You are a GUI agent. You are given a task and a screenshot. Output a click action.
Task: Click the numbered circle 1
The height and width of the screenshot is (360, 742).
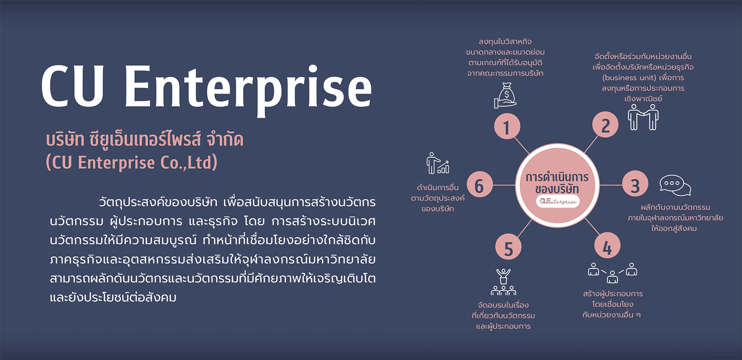[507, 126]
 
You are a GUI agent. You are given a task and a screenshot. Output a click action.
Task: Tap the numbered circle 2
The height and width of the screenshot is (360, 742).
[605, 125]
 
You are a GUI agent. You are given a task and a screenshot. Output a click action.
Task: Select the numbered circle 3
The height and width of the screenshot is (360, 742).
[635, 185]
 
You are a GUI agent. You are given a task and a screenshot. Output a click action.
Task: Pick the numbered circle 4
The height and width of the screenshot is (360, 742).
[607, 246]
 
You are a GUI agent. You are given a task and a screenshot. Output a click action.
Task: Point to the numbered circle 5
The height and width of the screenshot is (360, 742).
[509, 247]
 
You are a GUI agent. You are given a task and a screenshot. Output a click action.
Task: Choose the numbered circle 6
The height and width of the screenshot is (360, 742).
[480, 185]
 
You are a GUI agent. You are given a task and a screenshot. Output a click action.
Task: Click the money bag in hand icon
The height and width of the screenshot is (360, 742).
[505, 96]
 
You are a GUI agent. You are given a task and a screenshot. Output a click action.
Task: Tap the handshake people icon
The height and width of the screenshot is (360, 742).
[643, 117]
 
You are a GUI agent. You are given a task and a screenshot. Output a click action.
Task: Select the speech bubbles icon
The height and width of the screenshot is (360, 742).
[675, 185]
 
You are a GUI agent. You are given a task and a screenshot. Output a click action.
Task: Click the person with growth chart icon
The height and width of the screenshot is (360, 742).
[438, 163]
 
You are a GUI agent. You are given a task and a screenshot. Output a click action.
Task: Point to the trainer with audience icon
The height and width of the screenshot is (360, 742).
[504, 282]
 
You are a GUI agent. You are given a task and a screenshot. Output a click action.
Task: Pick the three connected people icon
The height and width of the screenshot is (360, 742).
[613, 273]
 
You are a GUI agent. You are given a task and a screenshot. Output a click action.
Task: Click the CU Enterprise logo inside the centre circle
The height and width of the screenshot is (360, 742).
[558, 201]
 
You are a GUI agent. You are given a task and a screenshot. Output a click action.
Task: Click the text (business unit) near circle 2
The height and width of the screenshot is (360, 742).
[629, 78]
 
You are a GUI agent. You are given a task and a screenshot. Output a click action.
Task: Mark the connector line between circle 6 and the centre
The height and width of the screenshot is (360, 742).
[504, 185]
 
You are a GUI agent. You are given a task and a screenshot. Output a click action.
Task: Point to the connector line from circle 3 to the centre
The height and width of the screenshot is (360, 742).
[611, 185]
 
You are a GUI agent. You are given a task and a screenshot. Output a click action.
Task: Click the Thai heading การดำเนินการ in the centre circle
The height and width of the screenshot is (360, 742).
[557, 177]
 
